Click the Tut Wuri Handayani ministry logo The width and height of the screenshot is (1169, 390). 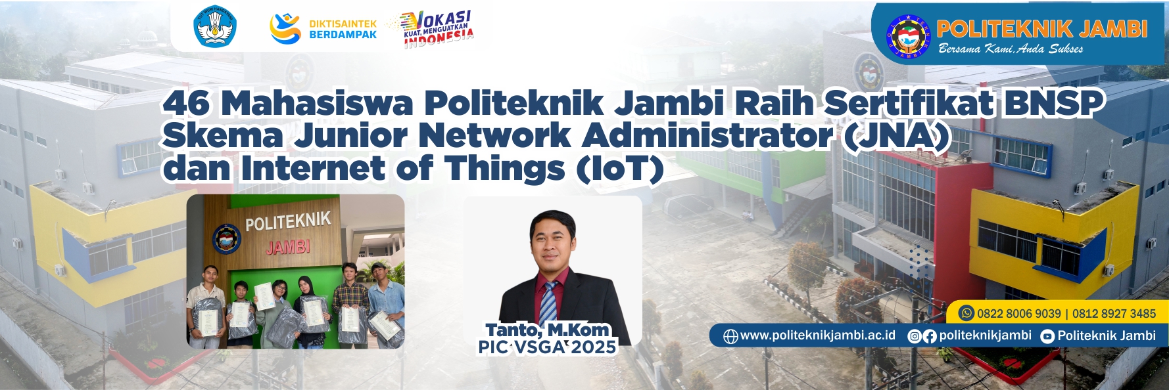click(215, 27)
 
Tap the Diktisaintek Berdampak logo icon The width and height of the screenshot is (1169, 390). click(285, 28)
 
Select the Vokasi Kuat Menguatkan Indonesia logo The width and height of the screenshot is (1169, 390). click(438, 29)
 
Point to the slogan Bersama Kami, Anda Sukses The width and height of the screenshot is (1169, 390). click(1011, 49)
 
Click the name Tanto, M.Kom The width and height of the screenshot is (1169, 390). click(548, 330)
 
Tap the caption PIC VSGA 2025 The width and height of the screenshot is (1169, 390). click(547, 347)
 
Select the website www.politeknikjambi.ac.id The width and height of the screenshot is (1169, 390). click(817, 336)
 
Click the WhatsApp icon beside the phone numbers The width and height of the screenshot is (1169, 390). click(966, 313)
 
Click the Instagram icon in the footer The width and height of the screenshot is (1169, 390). click(914, 336)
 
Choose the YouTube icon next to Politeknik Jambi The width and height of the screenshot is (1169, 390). click(1047, 336)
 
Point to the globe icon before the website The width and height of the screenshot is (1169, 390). click(730, 336)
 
